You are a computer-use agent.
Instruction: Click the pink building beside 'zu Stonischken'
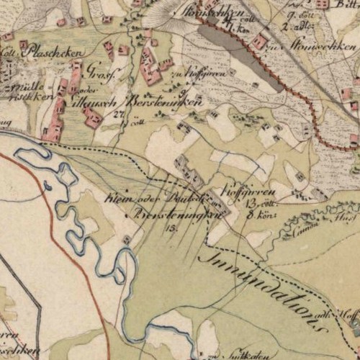click(x=260, y=41)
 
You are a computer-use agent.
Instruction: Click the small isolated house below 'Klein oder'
click(x=127, y=238)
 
